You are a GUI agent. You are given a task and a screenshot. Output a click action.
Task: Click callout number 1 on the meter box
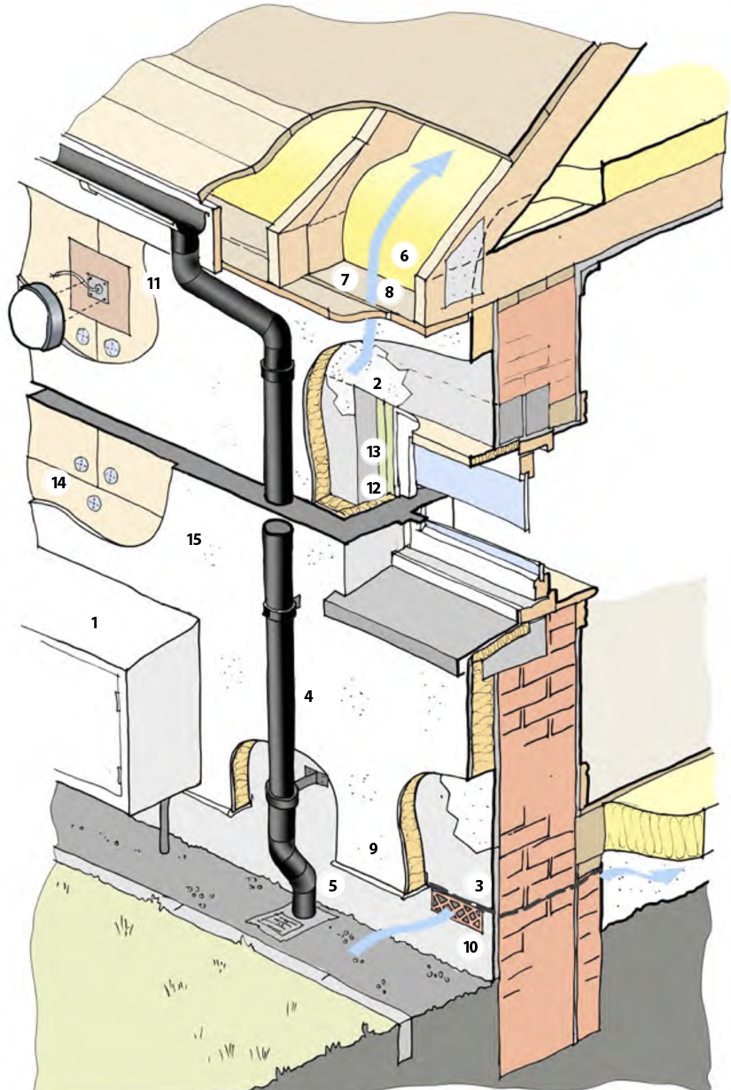point(94,623)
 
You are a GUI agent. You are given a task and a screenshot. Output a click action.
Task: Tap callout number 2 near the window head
point(377,384)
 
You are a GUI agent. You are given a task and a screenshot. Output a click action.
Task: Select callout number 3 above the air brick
point(478,885)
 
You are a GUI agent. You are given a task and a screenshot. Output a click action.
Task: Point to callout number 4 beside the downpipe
point(308,697)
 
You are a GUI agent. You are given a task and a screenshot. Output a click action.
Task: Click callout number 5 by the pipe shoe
point(333,884)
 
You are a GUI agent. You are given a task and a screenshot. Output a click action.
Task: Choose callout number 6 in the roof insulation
point(404,255)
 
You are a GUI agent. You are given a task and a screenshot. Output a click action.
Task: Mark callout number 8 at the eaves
point(387,291)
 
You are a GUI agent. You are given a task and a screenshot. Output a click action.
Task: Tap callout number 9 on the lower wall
point(373,848)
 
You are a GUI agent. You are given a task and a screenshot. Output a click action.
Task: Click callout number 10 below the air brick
point(470,946)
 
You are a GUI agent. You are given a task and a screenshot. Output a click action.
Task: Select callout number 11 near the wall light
point(153,284)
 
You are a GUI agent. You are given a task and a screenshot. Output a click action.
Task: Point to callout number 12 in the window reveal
point(374,487)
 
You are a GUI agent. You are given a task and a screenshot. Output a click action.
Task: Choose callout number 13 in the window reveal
point(374,452)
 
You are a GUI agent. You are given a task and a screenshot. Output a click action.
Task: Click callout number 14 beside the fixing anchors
point(59,483)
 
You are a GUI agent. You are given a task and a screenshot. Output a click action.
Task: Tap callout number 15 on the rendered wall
point(195,538)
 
